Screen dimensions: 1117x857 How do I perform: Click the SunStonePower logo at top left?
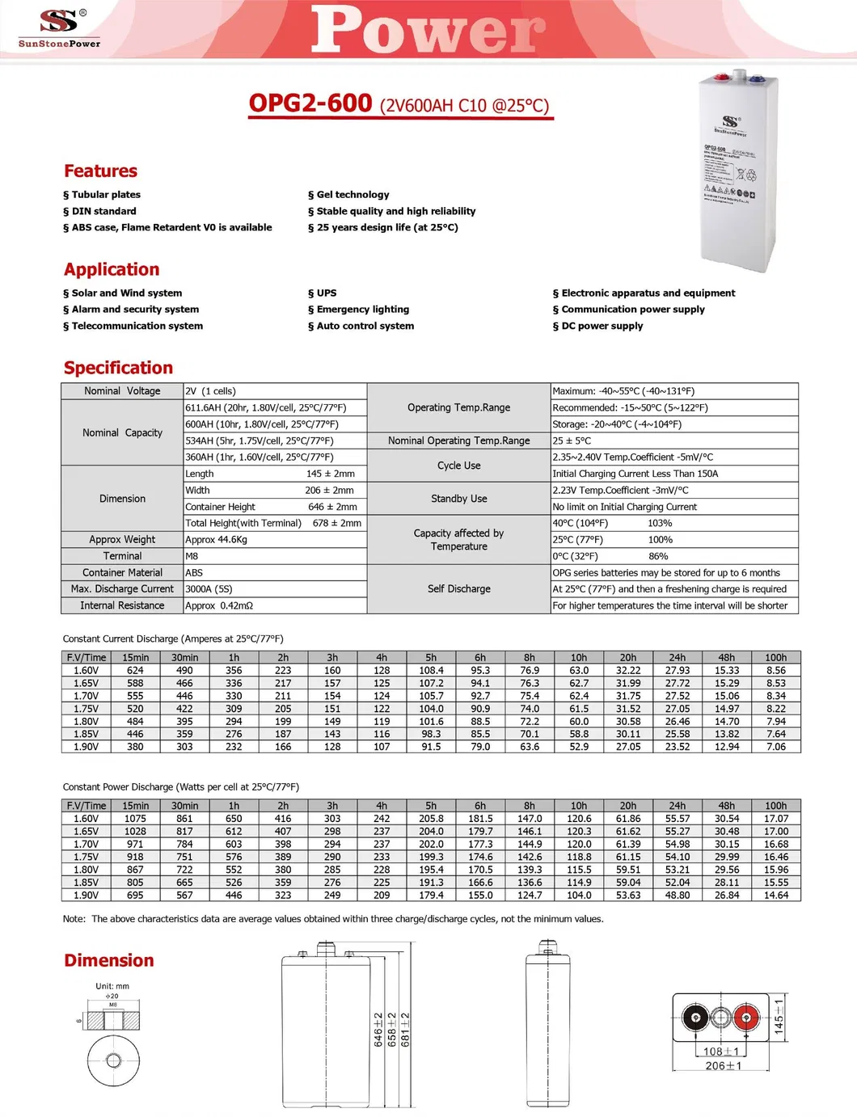pos(59,27)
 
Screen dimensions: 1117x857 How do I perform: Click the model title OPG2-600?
pos(310,103)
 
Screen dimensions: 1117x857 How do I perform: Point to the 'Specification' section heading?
pos(118,368)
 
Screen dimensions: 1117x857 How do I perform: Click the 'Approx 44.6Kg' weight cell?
pos(217,540)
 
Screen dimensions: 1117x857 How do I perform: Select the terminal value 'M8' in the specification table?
pos(192,556)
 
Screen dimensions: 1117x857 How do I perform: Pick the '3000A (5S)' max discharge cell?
pos(209,589)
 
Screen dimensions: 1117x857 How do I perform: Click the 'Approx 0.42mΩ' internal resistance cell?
pos(219,605)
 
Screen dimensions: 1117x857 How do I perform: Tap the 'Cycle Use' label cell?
pos(458,466)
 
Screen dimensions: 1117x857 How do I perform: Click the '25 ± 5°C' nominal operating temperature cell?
pos(572,440)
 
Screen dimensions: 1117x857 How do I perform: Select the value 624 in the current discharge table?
pos(135,670)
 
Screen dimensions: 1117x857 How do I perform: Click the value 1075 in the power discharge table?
pos(135,819)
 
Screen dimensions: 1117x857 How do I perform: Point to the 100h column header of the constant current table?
pos(775,657)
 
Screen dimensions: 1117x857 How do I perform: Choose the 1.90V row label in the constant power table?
pos(86,895)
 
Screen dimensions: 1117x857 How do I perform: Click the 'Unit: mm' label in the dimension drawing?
pos(112,986)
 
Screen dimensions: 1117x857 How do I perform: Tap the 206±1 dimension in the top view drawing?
pos(723,1066)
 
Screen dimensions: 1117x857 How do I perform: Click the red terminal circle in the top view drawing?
pos(745,1017)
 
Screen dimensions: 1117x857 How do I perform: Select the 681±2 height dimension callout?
pos(405,1030)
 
